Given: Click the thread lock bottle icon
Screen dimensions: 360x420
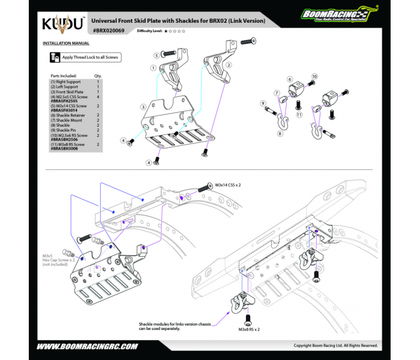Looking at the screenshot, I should pyautogui.click(x=55, y=58).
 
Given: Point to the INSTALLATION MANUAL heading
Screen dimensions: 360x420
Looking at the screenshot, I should pyautogui.click(x=66, y=43).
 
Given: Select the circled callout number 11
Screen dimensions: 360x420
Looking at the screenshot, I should pyautogui.click(x=299, y=113).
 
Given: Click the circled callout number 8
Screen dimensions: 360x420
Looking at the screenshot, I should pyautogui.click(x=280, y=134).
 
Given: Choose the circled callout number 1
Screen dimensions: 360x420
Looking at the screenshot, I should pyautogui.click(x=154, y=68).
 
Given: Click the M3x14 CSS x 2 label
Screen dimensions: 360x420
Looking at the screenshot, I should pyautogui.click(x=227, y=186).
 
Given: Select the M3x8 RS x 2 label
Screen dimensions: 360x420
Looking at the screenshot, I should pyautogui.click(x=248, y=329).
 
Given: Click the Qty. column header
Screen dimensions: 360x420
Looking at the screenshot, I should pyautogui.click(x=98, y=76).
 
